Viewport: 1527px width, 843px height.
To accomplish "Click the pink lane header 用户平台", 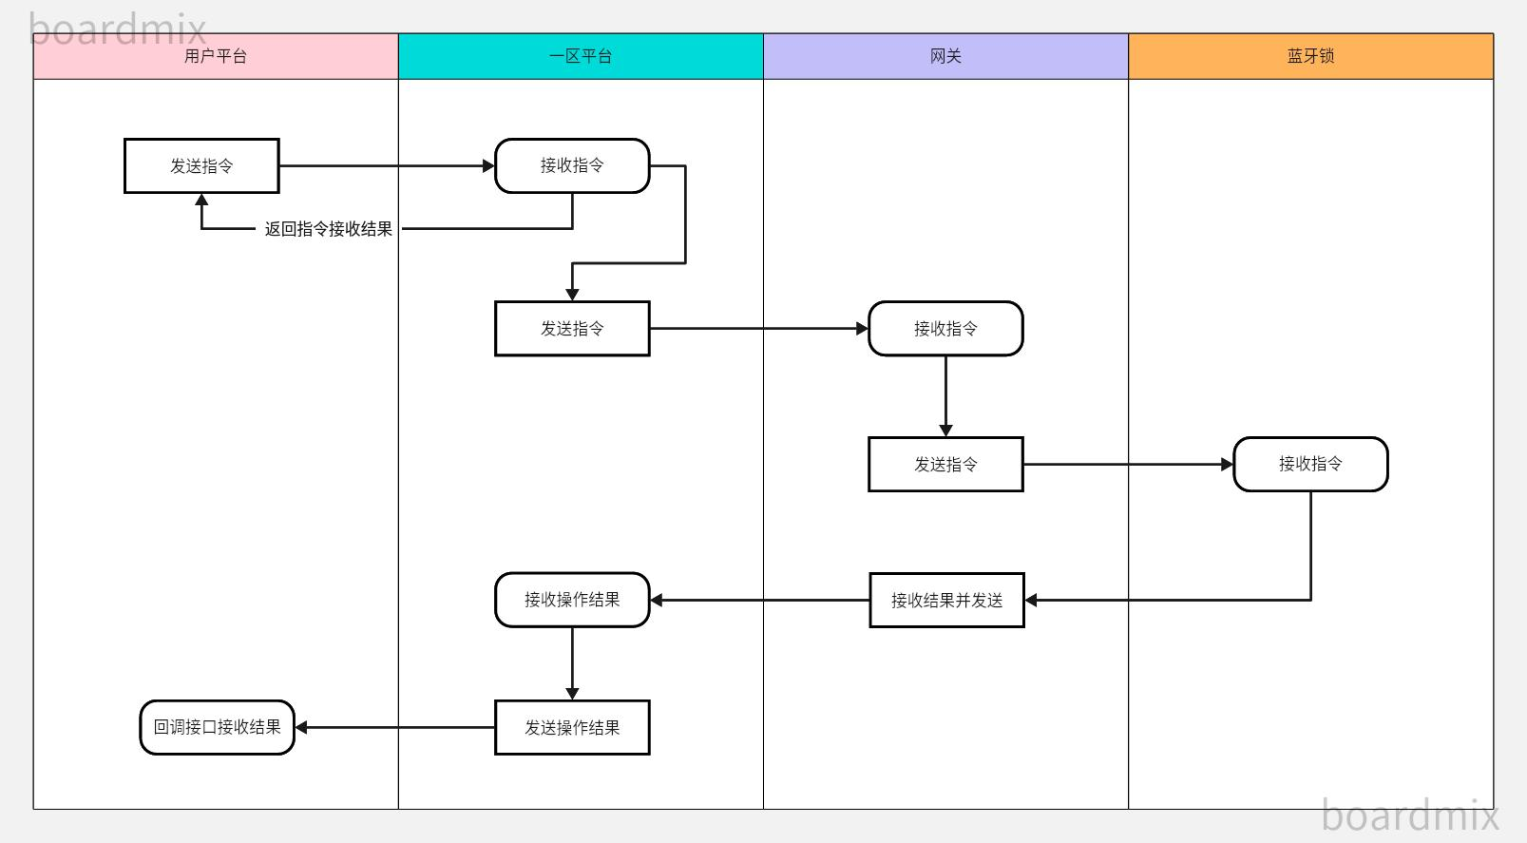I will point(216,56).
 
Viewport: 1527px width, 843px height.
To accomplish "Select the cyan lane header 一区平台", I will point(581,56).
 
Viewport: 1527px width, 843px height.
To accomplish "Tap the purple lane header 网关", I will point(945,56).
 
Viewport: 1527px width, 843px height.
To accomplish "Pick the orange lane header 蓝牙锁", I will point(1310,56).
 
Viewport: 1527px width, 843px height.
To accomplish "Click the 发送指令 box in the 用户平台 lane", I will point(201,165).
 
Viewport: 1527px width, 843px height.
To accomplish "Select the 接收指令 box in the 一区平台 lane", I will point(572,165).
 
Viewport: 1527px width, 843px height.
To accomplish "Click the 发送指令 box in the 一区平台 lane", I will point(572,329).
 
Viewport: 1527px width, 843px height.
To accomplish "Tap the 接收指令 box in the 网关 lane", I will point(945,329).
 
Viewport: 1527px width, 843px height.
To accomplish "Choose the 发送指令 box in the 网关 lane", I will point(945,465).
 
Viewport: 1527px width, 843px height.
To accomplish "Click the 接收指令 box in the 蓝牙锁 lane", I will point(1310,464).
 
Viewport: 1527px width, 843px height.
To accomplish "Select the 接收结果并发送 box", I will point(946,600).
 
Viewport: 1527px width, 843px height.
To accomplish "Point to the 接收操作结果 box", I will point(572,600).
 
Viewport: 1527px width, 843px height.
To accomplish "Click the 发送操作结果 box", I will point(572,727).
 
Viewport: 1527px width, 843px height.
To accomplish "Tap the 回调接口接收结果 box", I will point(217,727).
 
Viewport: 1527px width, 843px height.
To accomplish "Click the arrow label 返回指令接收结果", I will point(328,229).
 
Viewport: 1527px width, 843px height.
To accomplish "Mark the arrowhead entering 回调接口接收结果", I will point(301,727).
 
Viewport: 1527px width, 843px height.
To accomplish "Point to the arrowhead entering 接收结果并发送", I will point(1031,600).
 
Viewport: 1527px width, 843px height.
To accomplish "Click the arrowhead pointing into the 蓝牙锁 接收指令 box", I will point(1227,465).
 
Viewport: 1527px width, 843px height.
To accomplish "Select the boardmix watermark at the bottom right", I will point(1409,815).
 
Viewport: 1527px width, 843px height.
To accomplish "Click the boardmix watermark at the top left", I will point(118,29).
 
